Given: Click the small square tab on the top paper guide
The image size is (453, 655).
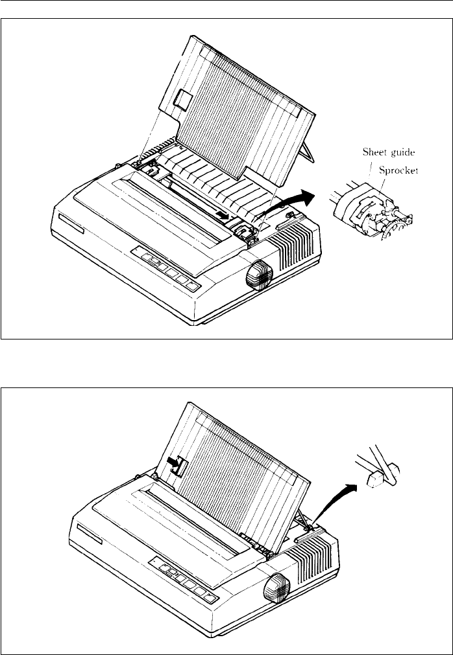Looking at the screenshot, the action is (x=182, y=98).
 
